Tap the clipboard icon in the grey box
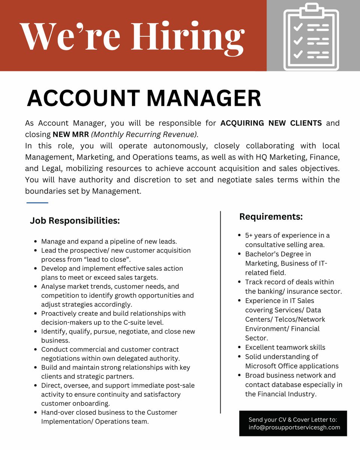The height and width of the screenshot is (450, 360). coord(311,37)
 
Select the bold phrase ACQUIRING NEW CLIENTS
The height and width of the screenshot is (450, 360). coord(271,123)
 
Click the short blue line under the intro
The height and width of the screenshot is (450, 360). coord(37,203)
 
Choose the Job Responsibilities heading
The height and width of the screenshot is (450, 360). coord(75,221)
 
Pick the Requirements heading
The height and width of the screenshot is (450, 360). coord(271,217)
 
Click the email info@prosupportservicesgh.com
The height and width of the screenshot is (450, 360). coord(294,427)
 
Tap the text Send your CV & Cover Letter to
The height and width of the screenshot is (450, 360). coord(293,419)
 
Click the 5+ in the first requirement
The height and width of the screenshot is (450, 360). coord(249,235)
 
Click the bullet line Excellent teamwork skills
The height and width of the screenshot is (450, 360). coord(285,347)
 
